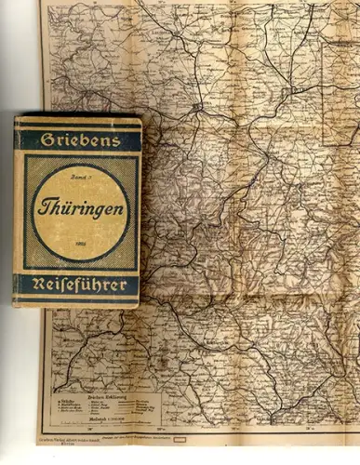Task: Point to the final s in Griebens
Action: tap(117, 139)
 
